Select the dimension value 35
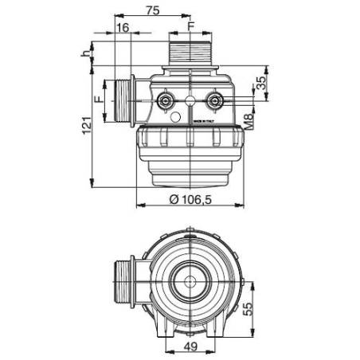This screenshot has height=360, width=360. tap(262, 83)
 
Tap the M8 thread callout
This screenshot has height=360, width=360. tap(250, 122)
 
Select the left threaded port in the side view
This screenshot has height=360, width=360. tap(121, 103)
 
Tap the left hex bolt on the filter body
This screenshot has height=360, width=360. tap(166, 101)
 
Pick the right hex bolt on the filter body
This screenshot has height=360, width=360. tap(214, 100)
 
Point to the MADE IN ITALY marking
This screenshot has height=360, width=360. tap(205, 119)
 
